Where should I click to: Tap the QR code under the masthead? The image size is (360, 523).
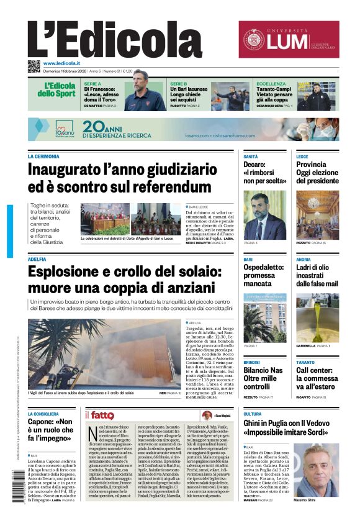[34, 66]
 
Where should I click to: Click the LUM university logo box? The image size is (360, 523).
[289, 39]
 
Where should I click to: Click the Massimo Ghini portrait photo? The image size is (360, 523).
[316, 470]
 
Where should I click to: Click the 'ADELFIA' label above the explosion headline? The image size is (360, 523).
[37, 259]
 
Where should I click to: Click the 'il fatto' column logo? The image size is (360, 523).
[99, 415]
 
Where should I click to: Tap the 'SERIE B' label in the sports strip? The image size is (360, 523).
[179, 83]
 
